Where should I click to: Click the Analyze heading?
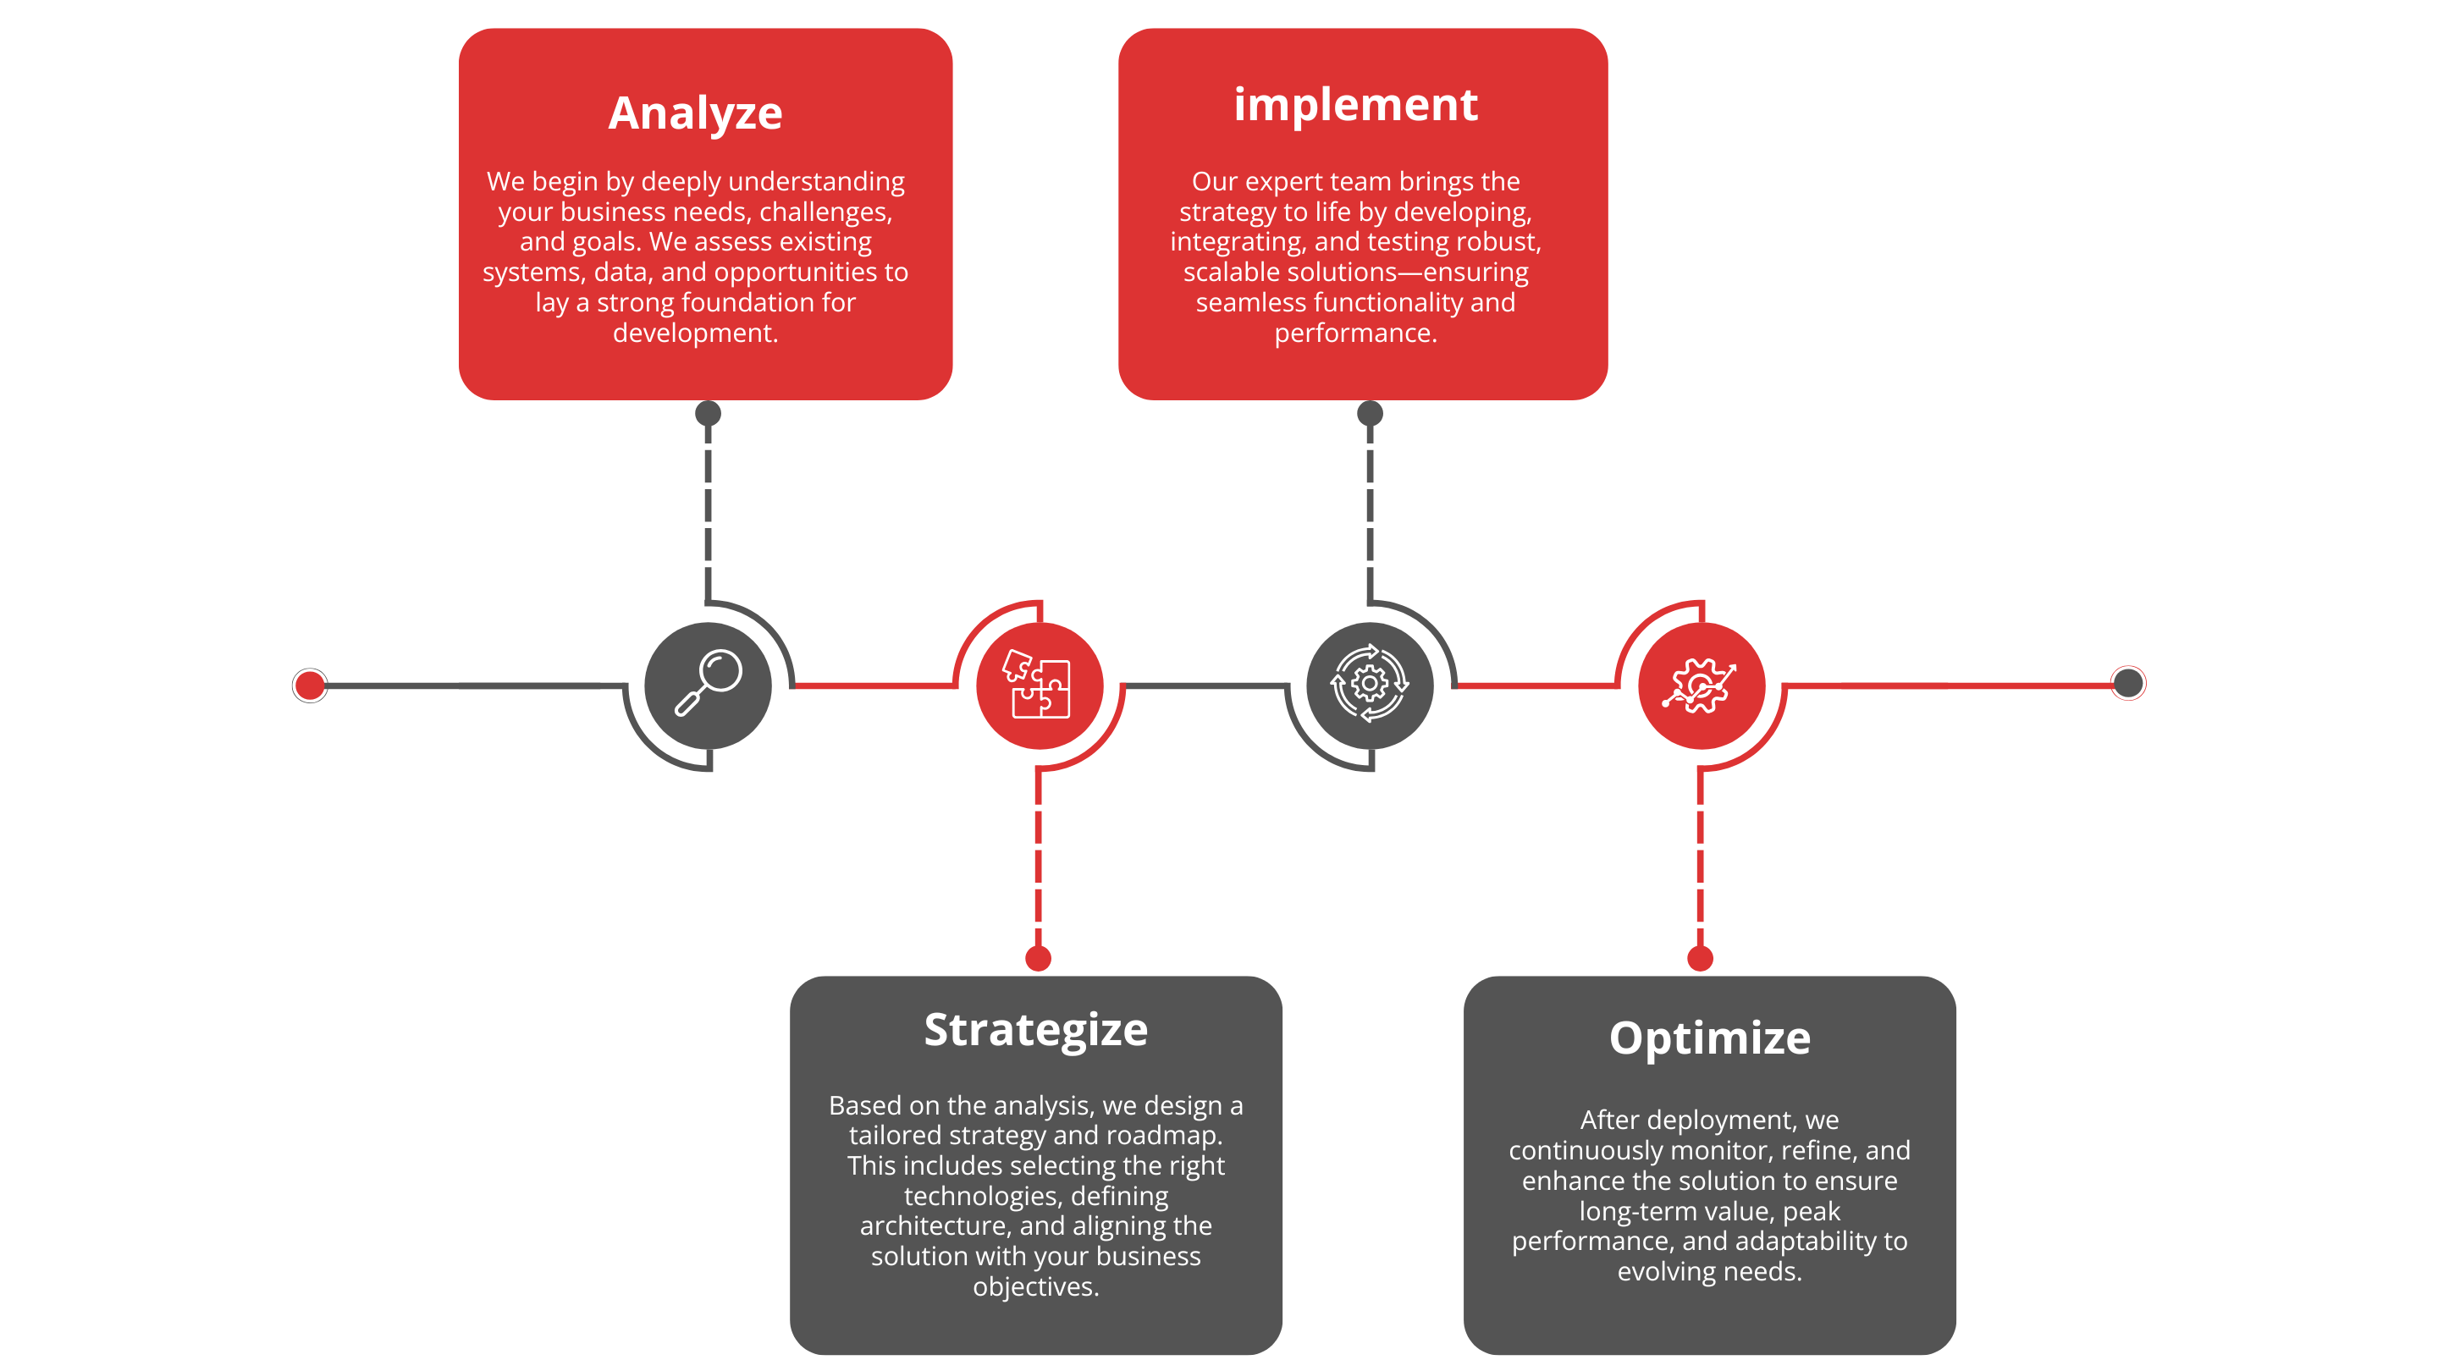[695, 114]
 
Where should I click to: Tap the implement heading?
[1355, 104]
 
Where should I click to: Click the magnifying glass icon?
[708, 682]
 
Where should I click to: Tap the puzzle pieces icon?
[1037, 684]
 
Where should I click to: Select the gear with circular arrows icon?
[1370, 683]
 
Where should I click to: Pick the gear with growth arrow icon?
[1700, 685]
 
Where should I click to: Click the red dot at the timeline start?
[310, 685]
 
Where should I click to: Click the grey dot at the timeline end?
[2127, 683]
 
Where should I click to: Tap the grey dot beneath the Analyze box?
[708, 414]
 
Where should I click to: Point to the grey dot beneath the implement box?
[1370, 414]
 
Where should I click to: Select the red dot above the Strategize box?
[1038, 959]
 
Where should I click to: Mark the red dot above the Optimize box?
[1700, 959]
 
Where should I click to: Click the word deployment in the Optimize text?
[1689, 1121]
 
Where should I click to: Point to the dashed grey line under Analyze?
[708, 511]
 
